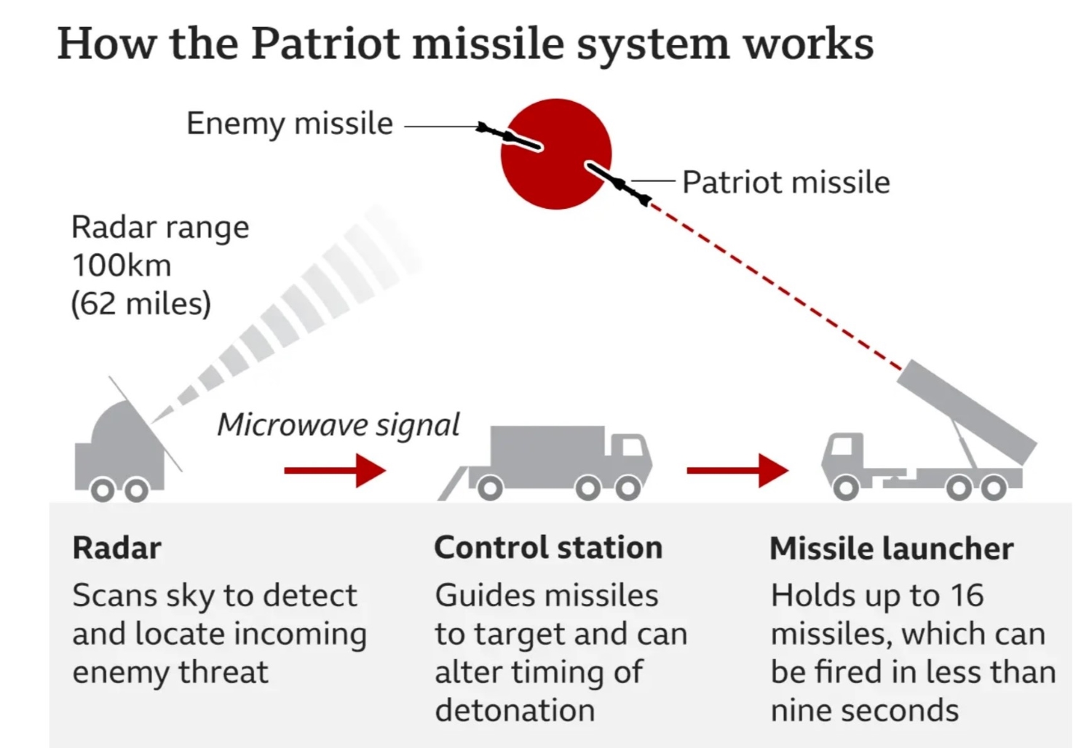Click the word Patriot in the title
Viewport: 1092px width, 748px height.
325,44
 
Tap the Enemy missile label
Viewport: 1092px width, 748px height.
289,123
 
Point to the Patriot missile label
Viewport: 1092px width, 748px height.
786,182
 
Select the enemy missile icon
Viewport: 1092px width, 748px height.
509,136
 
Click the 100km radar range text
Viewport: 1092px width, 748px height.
121,265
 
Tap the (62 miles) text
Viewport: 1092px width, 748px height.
141,303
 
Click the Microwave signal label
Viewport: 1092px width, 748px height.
338,425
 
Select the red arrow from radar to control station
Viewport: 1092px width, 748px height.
334,471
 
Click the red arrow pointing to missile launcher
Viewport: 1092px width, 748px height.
737,471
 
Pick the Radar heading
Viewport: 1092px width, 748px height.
116,548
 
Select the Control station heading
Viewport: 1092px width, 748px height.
547,548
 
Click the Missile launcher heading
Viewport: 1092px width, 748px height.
890,549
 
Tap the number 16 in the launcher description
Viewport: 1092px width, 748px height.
967,596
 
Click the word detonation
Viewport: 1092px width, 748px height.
514,711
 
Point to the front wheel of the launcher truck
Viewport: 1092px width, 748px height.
845,488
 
